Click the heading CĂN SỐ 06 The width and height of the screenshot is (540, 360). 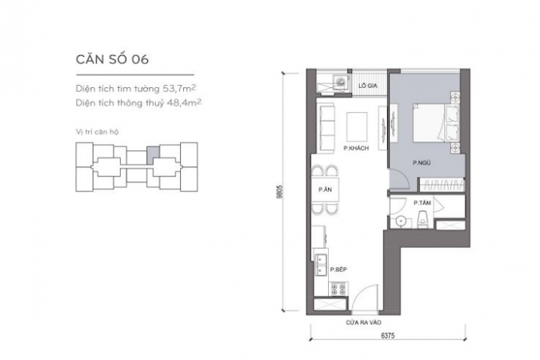click(x=112, y=59)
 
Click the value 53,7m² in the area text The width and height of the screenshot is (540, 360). click(x=179, y=89)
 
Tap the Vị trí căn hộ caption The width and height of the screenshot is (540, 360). click(x=97, y=131)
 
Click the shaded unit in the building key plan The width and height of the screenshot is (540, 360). click(x=154, y=154)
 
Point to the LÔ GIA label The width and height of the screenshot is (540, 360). click(x=368, y=86)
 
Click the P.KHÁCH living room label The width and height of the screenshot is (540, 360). click(x=356, y=148)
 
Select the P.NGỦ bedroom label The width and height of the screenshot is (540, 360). click(x=422, y=163)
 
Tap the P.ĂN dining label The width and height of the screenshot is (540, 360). click(x=325, y=190)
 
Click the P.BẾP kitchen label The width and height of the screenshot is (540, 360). click(x=338, y=270)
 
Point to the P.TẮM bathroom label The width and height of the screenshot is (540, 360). click(x=422, y=203)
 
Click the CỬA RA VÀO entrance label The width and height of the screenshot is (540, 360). click(x=364, y=322)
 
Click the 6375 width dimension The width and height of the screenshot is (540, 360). click(x=388, y=335)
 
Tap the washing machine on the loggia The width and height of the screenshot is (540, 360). click(x=341, y=82)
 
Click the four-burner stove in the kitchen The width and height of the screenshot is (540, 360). click(x=338, y=289)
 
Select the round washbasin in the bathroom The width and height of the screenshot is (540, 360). click(x=402, y=222)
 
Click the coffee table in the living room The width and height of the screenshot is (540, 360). click(x=357, y=126)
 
